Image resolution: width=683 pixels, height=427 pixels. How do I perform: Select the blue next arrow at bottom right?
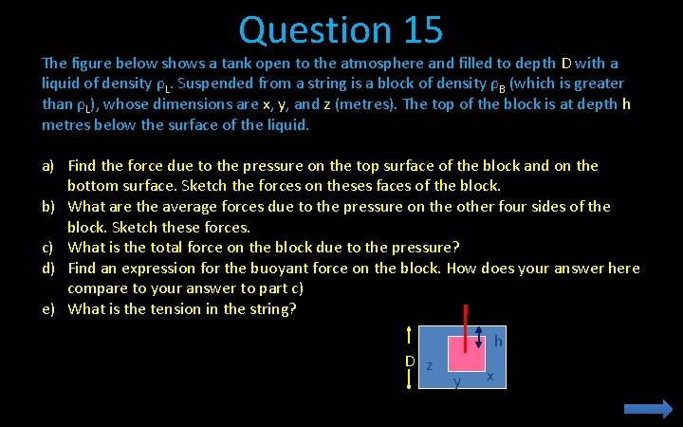click(648, 408)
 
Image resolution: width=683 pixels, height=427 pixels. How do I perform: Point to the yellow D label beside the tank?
click(410, 362)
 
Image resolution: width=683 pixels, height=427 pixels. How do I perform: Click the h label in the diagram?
click(498, 342)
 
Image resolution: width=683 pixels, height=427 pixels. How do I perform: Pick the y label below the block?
click(457, 382)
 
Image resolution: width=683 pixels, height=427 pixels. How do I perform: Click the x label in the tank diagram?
click(489, 376)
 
